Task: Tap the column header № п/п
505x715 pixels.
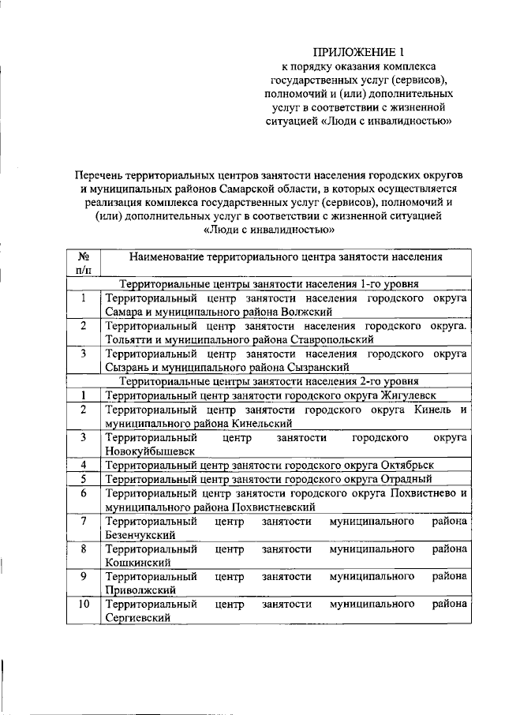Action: tap(82, 264)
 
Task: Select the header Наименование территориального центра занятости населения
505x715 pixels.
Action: tap(285, 257)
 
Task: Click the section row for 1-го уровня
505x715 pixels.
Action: tap(269, 284)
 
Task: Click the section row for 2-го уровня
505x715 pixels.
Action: tap(269, 381)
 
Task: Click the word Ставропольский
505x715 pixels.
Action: tap(325, 340)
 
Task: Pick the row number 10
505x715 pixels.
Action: tap(82, 604)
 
